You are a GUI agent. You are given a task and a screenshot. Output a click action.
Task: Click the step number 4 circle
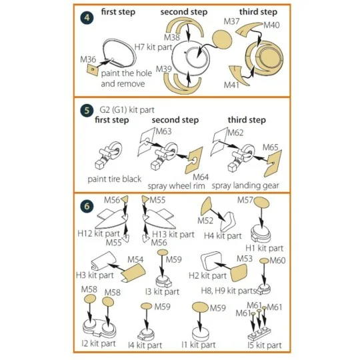(x=87, y=18)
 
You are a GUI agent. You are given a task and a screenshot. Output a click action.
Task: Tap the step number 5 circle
(x=87, y=111)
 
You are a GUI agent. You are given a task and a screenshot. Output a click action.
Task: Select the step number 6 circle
(x=87, y=206)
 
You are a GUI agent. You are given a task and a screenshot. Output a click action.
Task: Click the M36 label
(x=88, y=59)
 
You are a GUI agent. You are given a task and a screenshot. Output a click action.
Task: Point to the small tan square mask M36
(x=93, y=69)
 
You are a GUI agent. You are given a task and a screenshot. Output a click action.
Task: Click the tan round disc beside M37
(x=222, y=39)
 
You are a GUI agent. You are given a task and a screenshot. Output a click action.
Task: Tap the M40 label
(x=271, y=25)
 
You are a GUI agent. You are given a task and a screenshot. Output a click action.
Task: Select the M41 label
(x=231, y=85)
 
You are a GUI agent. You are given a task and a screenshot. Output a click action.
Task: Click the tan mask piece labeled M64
(x=194, y=160)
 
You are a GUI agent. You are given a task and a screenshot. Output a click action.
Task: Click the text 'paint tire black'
(x=115, y=179)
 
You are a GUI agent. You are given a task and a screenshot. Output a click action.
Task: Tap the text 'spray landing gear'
(x=245, y=185)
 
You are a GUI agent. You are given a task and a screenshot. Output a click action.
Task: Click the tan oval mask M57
(x=261, y=202)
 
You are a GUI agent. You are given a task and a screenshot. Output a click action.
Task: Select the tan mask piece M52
(x=206, y=206)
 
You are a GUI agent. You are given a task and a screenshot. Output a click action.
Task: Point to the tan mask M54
(x=133, y=273)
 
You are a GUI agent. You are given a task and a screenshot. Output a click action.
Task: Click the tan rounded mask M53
(x=239, y=273)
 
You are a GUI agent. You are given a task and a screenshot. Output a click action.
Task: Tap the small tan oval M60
(x=264, y=261)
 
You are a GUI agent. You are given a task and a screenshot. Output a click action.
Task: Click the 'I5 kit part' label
(x=265, y=345)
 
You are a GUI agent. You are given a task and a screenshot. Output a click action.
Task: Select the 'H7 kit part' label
(x=153, y=47)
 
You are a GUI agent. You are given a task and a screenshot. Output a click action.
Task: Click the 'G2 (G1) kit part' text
(x=127, y=110)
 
